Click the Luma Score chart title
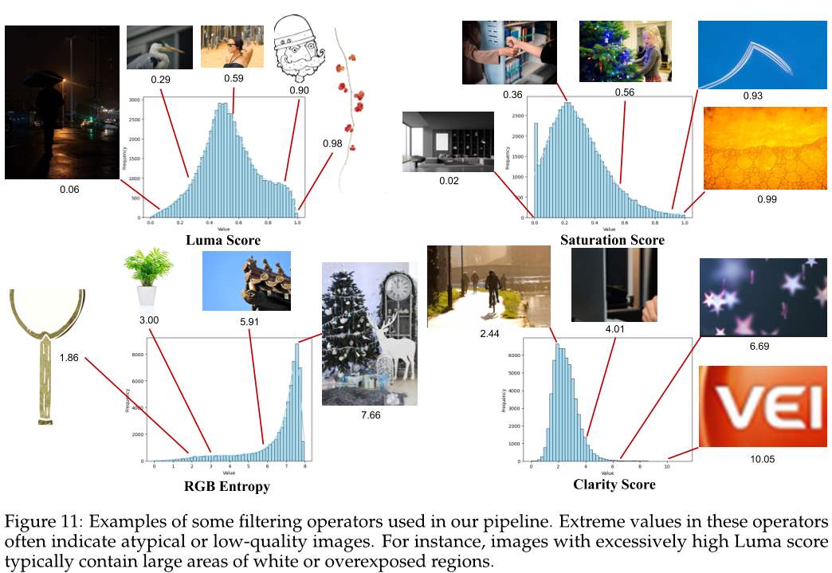point(223,240)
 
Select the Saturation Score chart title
point(612,240)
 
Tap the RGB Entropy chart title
point(228,486)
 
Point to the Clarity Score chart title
point(614,484)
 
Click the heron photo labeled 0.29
point(159,47)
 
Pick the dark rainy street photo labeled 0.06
point(62,102)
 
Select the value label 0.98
point(333,143)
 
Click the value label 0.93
point(752,96)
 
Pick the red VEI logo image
point(757,406)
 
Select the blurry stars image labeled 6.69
point(757,296)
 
